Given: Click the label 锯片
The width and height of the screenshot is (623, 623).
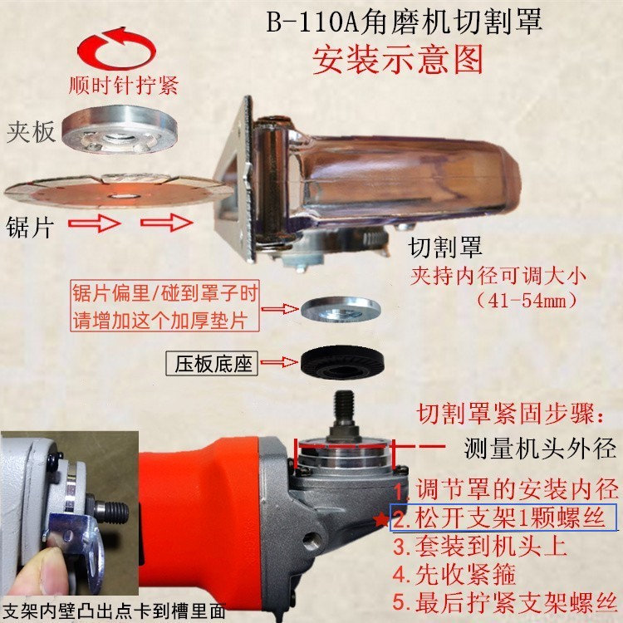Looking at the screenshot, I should coord(31,225).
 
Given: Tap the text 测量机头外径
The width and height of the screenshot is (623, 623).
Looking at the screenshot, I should coord(539,449).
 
